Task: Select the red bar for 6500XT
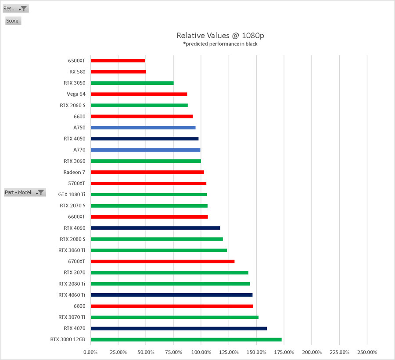coord(118,61)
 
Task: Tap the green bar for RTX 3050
coord(132,83)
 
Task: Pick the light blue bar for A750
coord(143,128)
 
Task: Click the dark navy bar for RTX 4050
coord(144,139)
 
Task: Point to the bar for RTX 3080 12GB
coord(186,339)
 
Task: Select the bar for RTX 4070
coord(178,328)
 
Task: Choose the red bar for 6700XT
coord(162,261)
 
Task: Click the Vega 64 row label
coord(76,94)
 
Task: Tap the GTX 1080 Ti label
coord(72,194)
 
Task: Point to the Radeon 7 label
coord(74,172)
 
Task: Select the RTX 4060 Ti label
coord(72,295)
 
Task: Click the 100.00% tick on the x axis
coord(201,352)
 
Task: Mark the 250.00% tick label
coord(367,352)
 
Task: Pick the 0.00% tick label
coord(90,352)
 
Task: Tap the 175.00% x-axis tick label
coord(284,352)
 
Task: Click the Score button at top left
coord(13,21)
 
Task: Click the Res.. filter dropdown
coord(16,8)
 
